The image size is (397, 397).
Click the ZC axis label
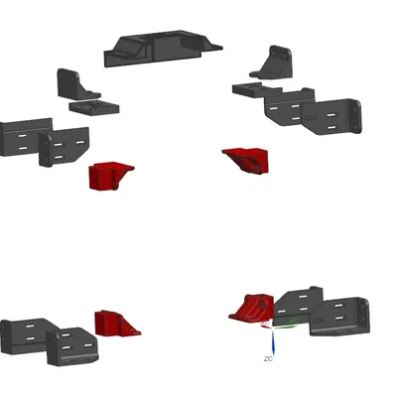(268, 358)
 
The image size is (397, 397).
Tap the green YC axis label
(294, 321)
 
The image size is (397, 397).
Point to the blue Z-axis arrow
(273, 342)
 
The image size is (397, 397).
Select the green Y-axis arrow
(286, 327)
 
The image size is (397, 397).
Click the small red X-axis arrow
(267, 327)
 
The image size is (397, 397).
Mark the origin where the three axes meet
(273, 328)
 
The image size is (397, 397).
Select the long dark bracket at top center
(164, 49)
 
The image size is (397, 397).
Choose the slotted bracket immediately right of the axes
(339, 317)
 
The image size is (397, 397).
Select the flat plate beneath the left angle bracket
(94, 108)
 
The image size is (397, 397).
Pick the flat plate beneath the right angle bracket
(256, 89)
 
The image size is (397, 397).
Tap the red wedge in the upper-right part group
(247, 160)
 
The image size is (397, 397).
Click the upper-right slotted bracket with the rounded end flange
(332, 117)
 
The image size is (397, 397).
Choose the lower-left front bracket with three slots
(71, 346)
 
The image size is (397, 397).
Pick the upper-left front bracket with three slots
(64, 146)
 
